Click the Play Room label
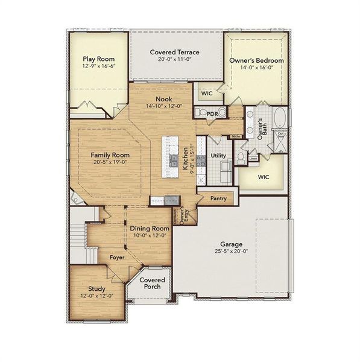click(98, 59)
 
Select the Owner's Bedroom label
click(256, 61)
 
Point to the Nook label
click(163, 99)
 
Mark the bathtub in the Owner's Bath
click(281, 118)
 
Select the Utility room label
click(218, 156)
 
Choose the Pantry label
click(218, 198)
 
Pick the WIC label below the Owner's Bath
click(263, 177)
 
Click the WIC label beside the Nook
click(206, 94)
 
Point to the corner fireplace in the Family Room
click(75, 198)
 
